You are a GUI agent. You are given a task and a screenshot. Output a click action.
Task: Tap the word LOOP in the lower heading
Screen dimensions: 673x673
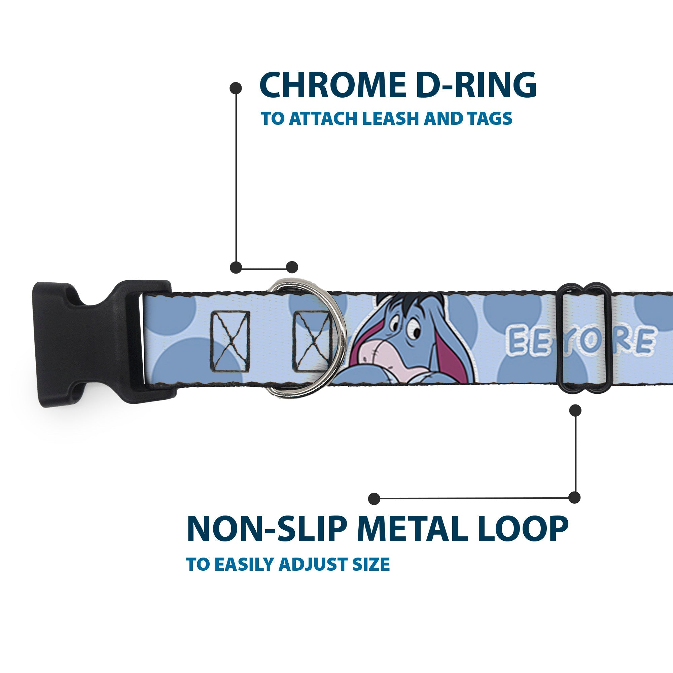[x=522, y=529]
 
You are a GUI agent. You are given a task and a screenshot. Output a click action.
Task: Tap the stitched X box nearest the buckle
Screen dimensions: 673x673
[x=230, y=341]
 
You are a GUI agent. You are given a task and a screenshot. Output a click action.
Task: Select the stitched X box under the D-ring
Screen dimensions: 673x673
[x=312, y=341]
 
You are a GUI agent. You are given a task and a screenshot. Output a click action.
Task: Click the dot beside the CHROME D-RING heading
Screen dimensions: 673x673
[x=236, y=88]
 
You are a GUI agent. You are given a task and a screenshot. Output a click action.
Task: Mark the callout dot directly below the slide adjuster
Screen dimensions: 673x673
[x=575, y=410]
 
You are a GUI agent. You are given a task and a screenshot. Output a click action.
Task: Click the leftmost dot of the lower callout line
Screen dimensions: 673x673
[x=374, y=498]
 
